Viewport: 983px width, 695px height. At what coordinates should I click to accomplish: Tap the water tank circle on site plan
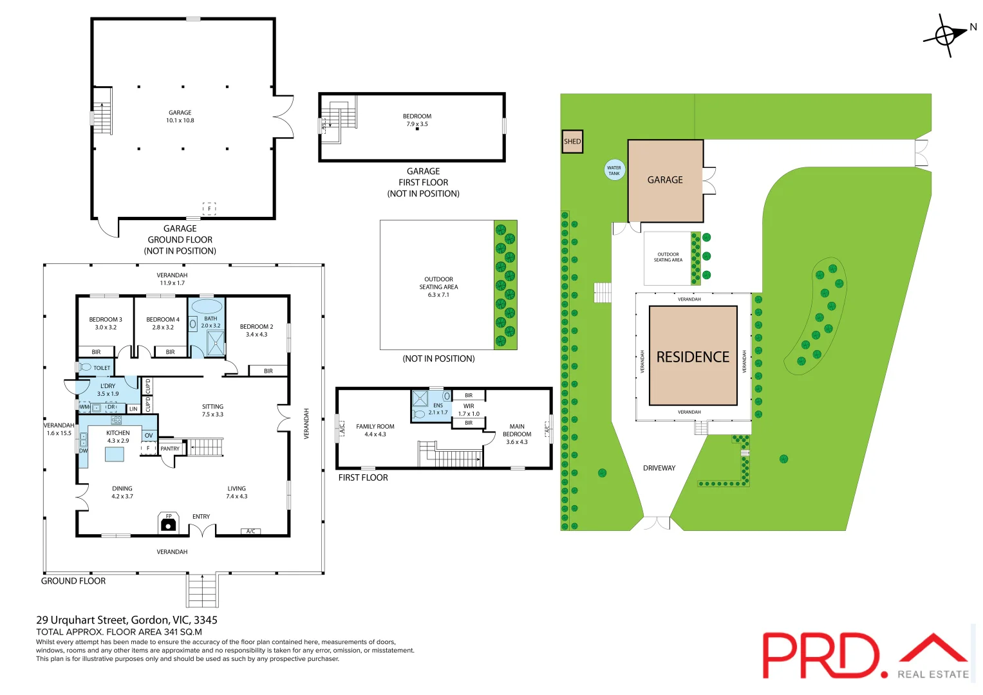pos(614,170)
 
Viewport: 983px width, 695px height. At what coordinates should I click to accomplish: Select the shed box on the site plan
pos(572,142)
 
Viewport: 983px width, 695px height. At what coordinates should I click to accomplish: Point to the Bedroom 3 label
pos(106,320)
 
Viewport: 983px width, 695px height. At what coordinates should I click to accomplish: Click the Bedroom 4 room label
pos(163,320)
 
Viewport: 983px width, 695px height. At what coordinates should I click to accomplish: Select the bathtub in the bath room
pos(207,306)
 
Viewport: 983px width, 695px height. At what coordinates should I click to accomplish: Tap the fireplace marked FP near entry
pos(169,523)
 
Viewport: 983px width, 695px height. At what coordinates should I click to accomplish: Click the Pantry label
pos(170,449)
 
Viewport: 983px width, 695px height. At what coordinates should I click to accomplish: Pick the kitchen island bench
pos(115,454)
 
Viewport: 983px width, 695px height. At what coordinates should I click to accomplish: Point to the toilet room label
pos(102,368)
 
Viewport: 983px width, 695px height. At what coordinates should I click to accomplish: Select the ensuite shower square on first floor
pos(420,398)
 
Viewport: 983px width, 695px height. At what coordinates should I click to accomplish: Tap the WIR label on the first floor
pos(469,406)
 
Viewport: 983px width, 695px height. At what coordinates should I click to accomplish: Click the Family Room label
pos(375,427)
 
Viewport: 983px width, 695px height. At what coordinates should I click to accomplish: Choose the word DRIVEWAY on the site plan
pos(659,468)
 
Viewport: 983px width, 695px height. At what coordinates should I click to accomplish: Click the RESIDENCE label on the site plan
pos(693,357)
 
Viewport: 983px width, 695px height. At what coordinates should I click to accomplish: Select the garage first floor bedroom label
pos(417,116)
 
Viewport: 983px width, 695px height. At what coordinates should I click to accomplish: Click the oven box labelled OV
pos(149,436)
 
